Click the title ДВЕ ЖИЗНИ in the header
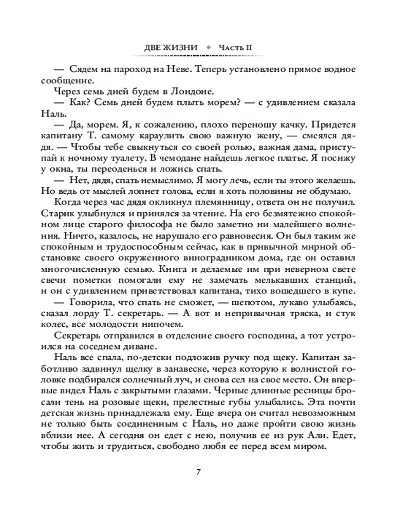pyautogui.click(x=171, y=48)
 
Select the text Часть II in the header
pyautogui.click(x=235, y=48)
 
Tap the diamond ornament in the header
pyautogui.click(x=208, y=48)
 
